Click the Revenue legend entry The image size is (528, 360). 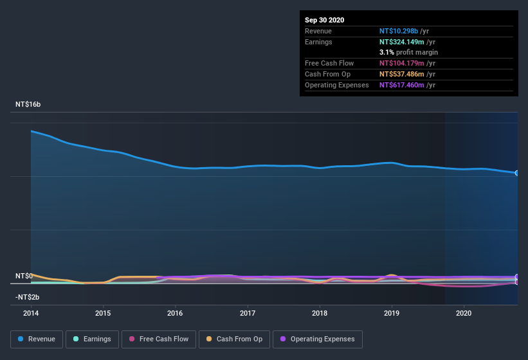[36, 339]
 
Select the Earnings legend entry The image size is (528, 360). [92, 339]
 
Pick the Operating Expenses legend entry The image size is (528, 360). [318, 339]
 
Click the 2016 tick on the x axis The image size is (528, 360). [175, 313]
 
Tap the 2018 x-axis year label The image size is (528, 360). [319, 313]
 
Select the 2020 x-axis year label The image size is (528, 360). [463, 313]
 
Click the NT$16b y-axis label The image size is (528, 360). [28, 104]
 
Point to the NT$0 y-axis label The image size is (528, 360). [24, 276]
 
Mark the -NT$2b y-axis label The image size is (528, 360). [28, 297]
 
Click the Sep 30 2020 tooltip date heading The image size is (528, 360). [324, 20]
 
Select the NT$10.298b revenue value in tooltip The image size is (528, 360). [399, 31]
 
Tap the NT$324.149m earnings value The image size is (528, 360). [401, 42]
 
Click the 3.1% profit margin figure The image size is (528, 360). [387, 52]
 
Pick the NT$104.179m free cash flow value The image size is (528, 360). [401, 63]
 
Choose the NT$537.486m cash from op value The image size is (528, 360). [401, 74]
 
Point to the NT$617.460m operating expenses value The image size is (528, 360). [401, 85]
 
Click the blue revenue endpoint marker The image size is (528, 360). [516, 173]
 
